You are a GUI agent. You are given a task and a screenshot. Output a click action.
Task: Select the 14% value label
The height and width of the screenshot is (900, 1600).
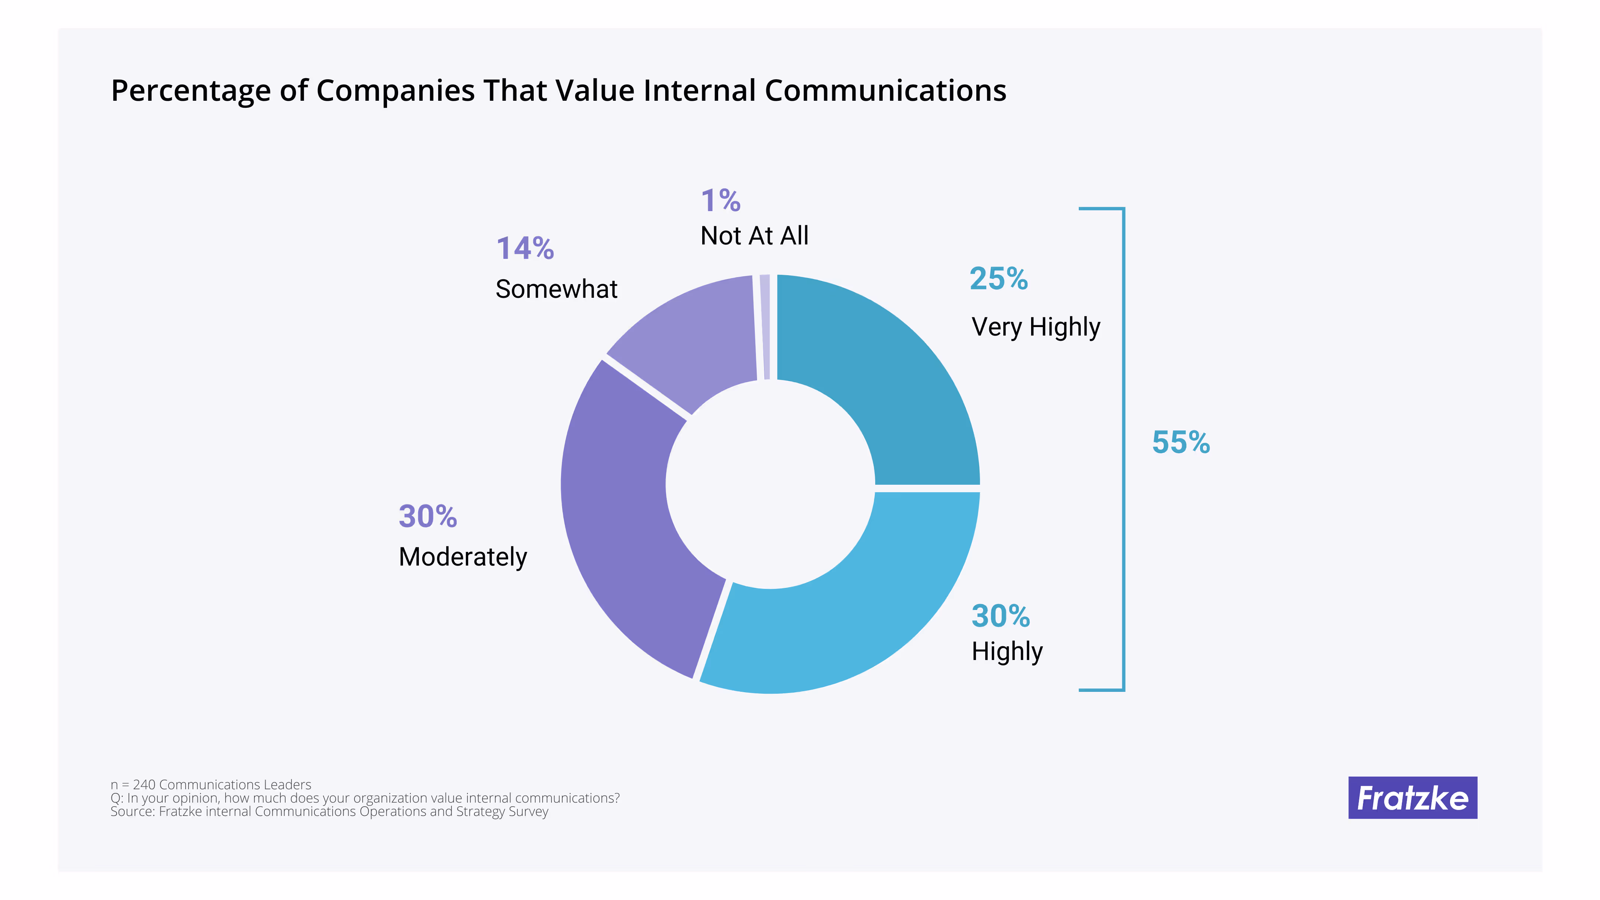pos(525,249)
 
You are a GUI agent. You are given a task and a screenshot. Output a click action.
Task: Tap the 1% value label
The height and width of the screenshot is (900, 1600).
pos(720,201)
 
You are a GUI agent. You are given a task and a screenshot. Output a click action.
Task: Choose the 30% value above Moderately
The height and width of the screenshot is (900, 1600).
pos(427,516)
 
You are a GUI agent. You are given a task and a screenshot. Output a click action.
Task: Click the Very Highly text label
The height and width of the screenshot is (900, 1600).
pos(1036,327)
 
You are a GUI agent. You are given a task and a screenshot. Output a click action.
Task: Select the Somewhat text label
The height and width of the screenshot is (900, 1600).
pos(556,289)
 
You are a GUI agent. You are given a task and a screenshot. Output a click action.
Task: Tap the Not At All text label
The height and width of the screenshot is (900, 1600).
pos(754,236)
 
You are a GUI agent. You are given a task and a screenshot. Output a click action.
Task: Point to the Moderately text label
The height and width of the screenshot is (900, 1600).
pos(463,557)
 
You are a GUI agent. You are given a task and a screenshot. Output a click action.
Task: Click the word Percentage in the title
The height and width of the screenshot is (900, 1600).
pos(191,91)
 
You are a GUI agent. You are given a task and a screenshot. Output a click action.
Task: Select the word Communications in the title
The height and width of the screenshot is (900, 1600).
pos(885,91)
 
